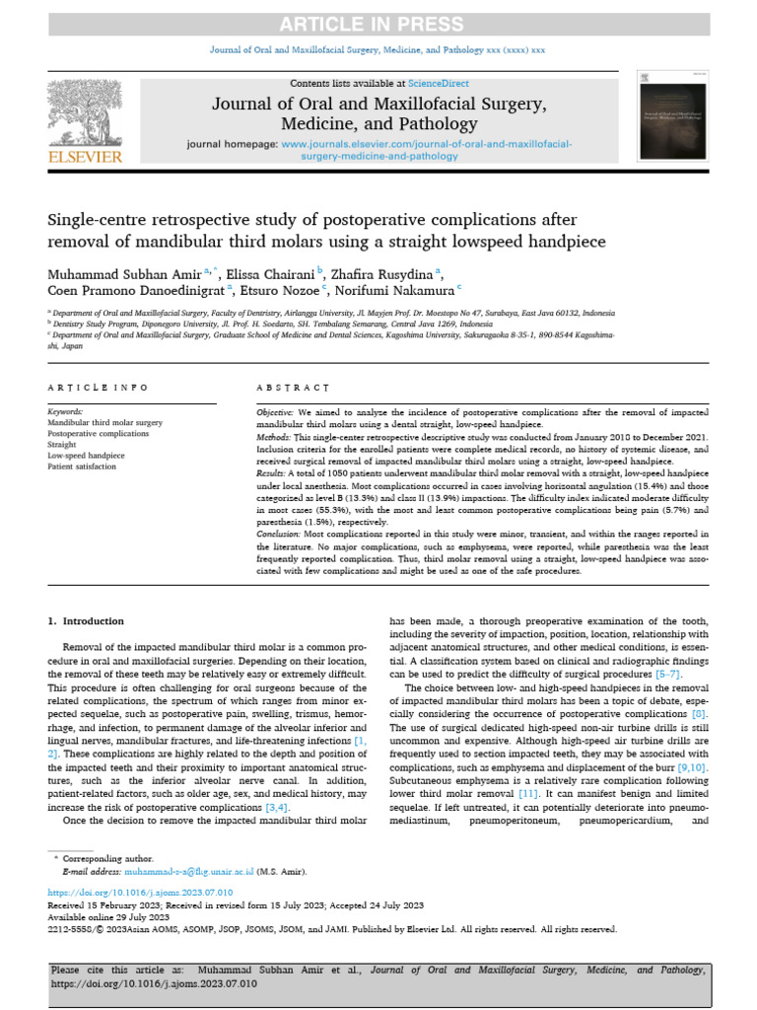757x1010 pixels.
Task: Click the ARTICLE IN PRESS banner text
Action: [378, 24]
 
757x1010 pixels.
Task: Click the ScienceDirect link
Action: [441, 84]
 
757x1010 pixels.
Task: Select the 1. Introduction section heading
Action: [87, 621]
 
